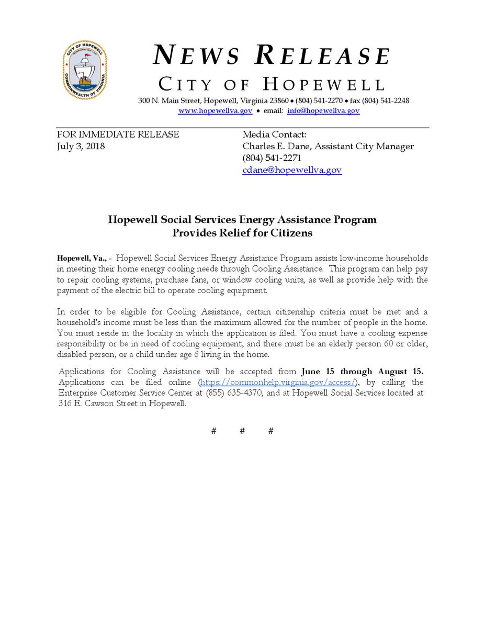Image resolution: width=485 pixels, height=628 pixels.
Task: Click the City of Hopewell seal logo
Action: (x=85, y=70)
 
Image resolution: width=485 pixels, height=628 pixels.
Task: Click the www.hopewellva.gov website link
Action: (x=215, y=111)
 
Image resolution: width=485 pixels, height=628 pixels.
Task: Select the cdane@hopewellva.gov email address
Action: (x=291, y=170)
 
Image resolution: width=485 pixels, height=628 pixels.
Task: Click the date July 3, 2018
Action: (x=81, y=147)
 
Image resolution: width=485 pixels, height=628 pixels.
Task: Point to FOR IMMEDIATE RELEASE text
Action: (x=118, y=134)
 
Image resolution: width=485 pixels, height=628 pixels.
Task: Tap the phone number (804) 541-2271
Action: (x=272, y=158)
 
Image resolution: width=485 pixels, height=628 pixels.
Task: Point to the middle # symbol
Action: (x=242, y=431)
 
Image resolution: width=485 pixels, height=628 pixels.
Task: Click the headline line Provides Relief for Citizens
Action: (x=242, y=233)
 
